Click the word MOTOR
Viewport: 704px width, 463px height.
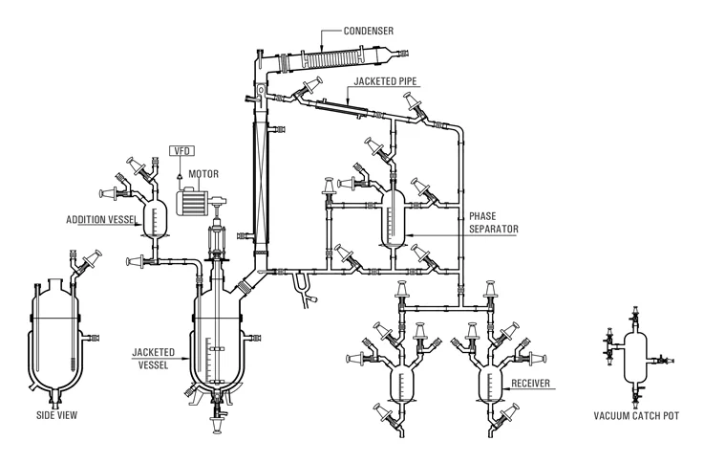[x=203, y=174]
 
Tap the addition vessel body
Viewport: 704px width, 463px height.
[x=154, y=216]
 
